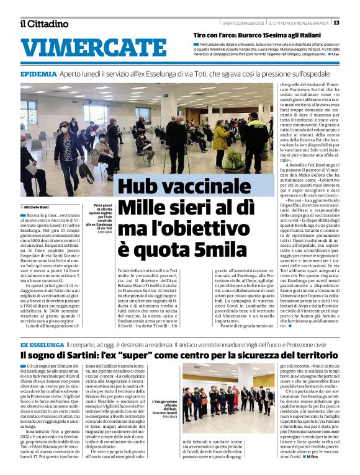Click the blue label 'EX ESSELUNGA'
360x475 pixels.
[x=41, y=344]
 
